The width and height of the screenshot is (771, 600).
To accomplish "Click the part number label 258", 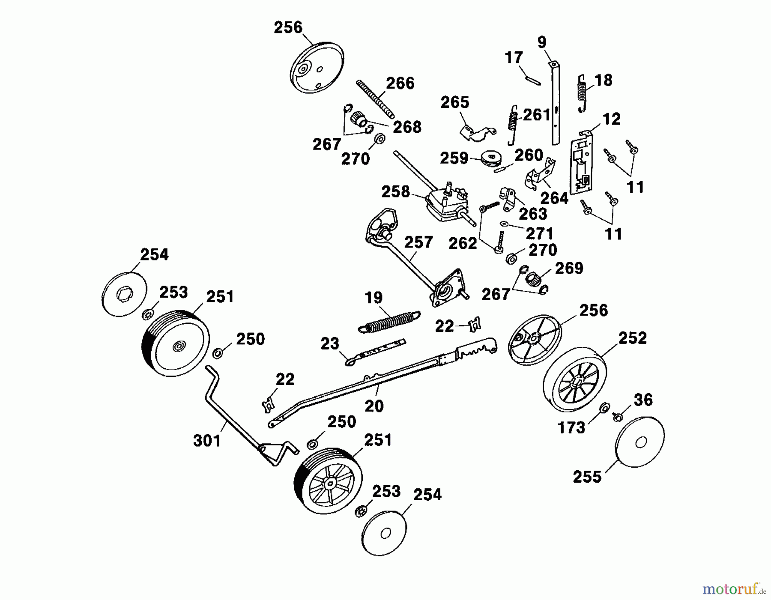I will pos(395,191).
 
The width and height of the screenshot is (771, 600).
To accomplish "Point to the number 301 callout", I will pos(207,440).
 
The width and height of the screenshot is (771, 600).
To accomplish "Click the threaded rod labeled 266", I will pos(375,100).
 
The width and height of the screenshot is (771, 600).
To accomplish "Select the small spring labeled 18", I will pos(582,93).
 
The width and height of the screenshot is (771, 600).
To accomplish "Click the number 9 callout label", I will pos(542,42).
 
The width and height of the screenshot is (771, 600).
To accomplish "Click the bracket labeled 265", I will pos(477,132).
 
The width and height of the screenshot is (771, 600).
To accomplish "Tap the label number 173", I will pos(572,427).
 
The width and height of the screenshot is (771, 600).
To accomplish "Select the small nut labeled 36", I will pos(618,416).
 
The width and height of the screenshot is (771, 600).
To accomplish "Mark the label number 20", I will pos(374,406).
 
